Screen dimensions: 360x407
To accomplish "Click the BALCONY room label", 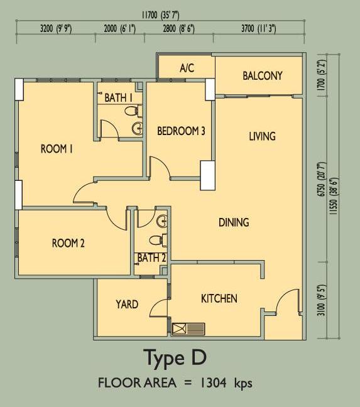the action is pyautogui.click(x=263, y=76).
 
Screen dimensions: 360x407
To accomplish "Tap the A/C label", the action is pyautogui.click(x=187, y=68).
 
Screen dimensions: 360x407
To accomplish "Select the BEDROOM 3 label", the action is pyautogui.click(x=181, y=131).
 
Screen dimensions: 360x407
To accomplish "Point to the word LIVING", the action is pyautogui.click(x=262, y=136).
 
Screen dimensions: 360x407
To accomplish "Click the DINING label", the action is pyautogui.click(x=234, y=222).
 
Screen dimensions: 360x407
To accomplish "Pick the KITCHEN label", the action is pyautogui.click(x=219, y=298).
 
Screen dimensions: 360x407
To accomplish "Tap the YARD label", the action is pyautogui.click(x=127, y=304).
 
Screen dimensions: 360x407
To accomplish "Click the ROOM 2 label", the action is pyautogui.click(x=68, y=243).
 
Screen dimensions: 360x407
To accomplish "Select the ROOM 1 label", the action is pyautogui.click(x=57, y=149).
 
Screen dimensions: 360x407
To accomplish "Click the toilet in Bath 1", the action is pyautogui.click(x=133, y=111).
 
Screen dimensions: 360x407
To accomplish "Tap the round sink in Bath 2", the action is pyautogui.click(x=162, y=222).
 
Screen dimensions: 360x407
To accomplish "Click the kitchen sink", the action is pyautogui.click(x=188, y=329).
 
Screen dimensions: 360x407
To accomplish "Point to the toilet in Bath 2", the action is pyautogui.click(x=158, y=240).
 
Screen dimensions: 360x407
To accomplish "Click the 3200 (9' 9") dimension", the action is pyautogui.click(x=56, y=28).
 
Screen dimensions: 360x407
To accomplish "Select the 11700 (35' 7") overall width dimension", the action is pyautogui.click(x=160, y=15).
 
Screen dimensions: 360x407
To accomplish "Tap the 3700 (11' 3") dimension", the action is pyautogui.click(x=258, y=28).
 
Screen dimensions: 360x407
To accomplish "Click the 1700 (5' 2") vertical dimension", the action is pyautogui.click(x=321, y=75).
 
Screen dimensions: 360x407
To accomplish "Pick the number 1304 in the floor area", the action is pyautogui.click(x=212, y=383).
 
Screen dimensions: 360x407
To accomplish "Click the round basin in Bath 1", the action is pyautogui.click(x=137, y=128).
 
